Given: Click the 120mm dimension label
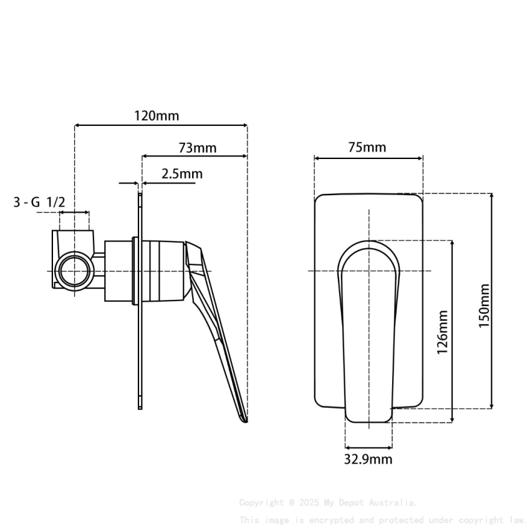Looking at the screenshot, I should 157,115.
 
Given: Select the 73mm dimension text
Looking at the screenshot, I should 198,148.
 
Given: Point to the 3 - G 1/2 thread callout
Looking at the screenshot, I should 39,201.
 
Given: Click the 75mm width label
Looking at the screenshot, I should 367,148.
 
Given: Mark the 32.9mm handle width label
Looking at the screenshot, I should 369,460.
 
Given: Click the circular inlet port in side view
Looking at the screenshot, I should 74,272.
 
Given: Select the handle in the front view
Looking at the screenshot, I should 369,330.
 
